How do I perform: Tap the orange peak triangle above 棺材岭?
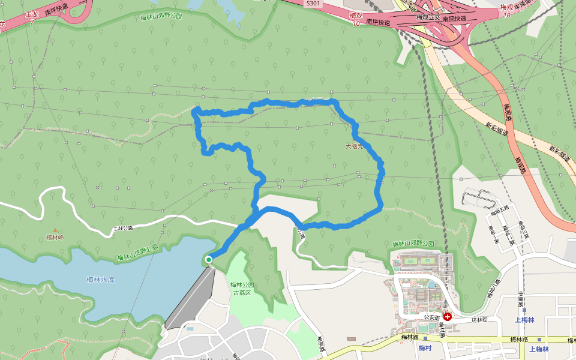pyautogui.click(x=55, y=230)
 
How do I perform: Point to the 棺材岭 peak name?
pyautogui.click(x=55, y=238)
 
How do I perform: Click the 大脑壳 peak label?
pyautogui.click(x=355, y=146)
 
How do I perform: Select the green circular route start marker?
pyautogui.click(x=208, y=260)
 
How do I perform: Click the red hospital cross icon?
pyautogui.click(x=448, y=316)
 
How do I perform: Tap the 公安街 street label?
pyautogui.click(x=433, y=316)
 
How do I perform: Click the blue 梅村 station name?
pyautogui.click(x=425, y=349)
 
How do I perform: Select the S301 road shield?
pyautogui.click(x=313, y=3)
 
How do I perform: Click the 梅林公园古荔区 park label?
pyautogui.click(x=242, y=289)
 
